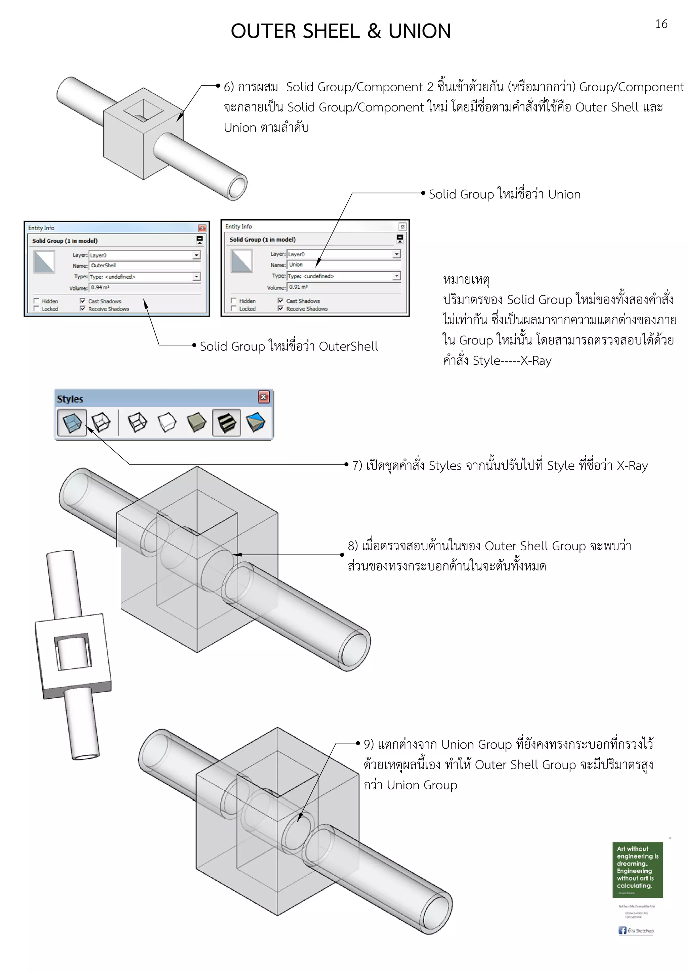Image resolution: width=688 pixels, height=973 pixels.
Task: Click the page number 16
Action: point(661,24)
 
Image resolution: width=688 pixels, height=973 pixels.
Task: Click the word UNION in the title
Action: point(419,31)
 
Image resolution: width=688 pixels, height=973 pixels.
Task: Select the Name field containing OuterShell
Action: point(144,266)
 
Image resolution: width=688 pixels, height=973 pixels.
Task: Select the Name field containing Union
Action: point(343,265)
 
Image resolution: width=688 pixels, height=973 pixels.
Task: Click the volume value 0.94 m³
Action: point(100,288)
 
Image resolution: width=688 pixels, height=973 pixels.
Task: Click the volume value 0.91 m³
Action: point(298,287)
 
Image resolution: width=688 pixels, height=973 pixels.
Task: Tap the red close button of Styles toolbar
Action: point(263,397)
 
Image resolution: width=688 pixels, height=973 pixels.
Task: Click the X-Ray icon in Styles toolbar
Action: point(72,422)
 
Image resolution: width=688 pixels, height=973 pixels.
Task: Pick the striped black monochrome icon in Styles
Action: point(226,422)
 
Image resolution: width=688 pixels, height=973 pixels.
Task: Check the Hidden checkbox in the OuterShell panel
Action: point(37,301)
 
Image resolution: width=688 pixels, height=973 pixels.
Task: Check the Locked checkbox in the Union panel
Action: point(233,309)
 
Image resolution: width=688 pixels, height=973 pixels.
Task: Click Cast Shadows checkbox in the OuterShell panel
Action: point(83,301)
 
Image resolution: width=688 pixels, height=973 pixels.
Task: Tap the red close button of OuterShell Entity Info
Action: point(202,228)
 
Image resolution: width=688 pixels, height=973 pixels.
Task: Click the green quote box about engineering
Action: point(637,870)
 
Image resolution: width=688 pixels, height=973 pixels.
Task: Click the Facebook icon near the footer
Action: point(622,930)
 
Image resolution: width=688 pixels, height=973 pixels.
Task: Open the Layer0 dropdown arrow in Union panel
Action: point(396,254)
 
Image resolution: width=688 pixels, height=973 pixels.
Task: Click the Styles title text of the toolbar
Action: point(70,399)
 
